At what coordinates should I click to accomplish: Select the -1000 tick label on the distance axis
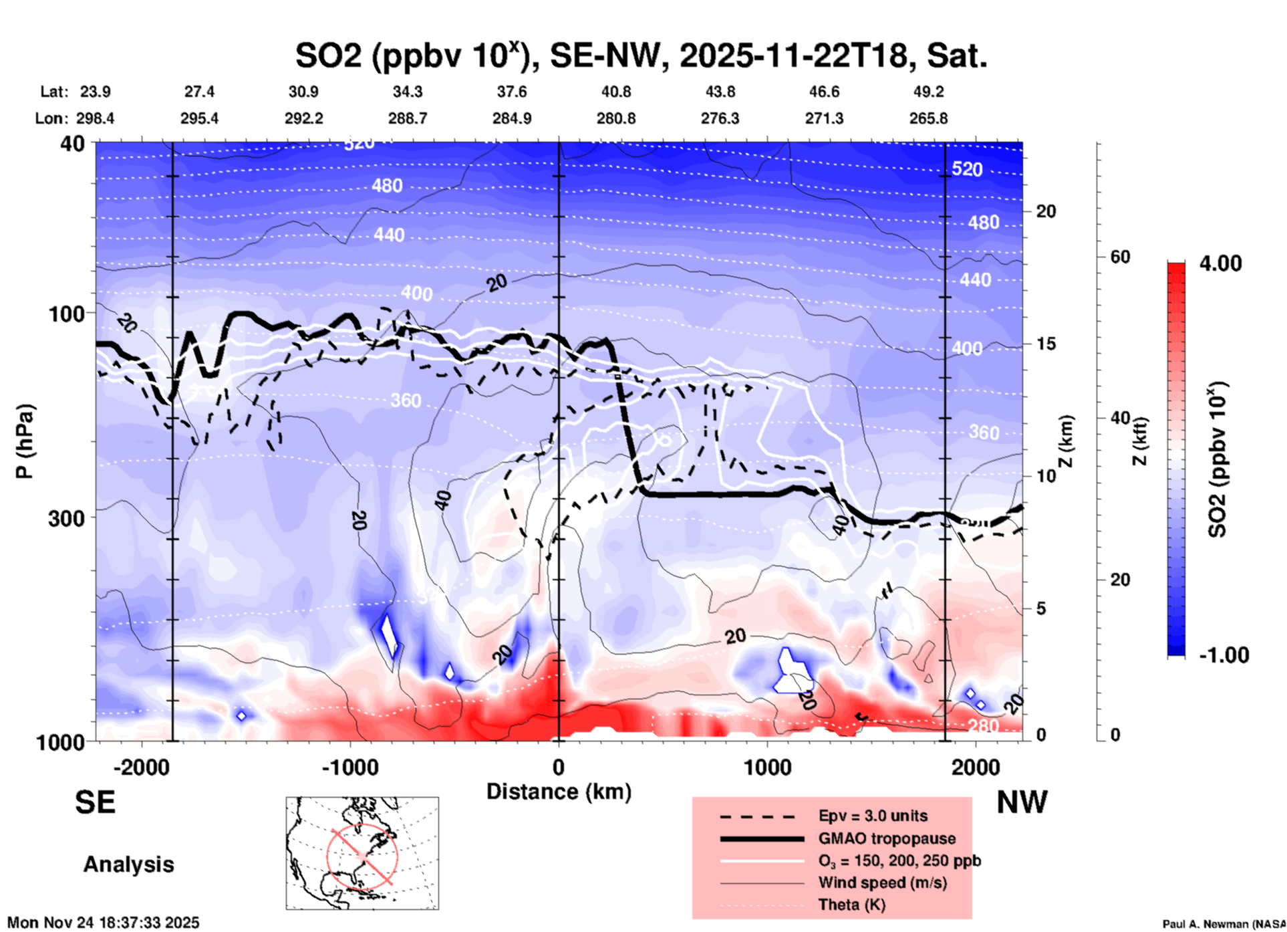[349, 768]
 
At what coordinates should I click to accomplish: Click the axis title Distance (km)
[559, 792]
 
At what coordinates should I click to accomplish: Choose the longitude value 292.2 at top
[304, 118]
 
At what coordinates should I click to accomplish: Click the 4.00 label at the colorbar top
[1220, 263]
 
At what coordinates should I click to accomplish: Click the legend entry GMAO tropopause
[887, 838]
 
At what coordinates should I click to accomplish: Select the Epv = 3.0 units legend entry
[873, 816]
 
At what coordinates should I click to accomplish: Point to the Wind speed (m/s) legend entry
[882, 883]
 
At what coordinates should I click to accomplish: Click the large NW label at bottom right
[1022, 802]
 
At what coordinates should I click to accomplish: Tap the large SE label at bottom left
[95, 802]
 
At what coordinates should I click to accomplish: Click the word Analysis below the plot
[128, 864]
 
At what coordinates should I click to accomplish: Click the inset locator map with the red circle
[362, 853]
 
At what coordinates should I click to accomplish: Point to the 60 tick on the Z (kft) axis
[1120, 257]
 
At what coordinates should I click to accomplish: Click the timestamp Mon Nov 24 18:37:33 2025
[104, 923]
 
